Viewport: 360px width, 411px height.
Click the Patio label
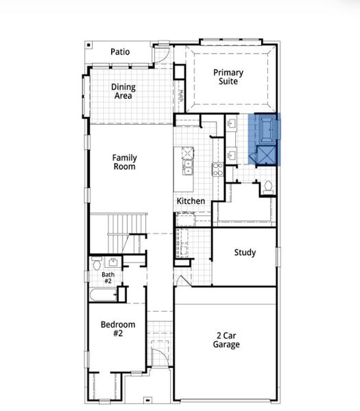coord(120,52)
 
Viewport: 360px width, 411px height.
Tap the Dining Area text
coord(123,92)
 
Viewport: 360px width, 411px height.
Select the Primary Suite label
coord(228,77)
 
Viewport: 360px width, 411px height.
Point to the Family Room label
coord(124,162)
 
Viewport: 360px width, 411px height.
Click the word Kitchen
coord(191,201)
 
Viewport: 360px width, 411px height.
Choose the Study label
coord(245,253)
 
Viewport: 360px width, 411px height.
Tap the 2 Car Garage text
coord(226,340)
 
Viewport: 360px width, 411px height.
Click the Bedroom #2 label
coord(118,329)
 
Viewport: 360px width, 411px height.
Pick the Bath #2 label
coord(108,277)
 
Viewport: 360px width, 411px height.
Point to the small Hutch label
coord(181,97)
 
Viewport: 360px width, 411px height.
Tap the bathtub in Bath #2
coord(102,295)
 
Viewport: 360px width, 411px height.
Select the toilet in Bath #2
coord(97,263)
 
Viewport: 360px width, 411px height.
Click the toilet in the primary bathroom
coord(268,186)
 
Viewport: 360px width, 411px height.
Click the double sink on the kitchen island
coord(187,165)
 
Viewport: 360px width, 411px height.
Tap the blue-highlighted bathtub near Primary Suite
coord(265,128)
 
